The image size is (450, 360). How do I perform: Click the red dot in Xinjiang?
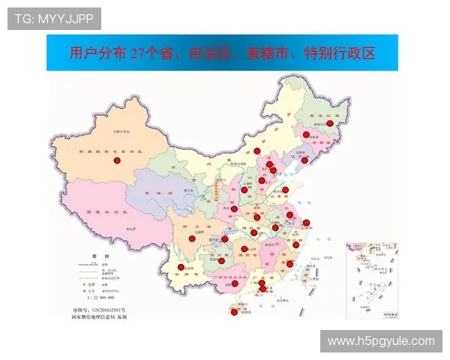point(116,160)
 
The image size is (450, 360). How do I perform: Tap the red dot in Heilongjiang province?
point(329,123)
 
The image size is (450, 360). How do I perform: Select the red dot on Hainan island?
point(234,313)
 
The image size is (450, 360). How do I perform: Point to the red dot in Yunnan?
point(181,268)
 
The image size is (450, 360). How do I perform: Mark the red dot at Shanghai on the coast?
point(306,222)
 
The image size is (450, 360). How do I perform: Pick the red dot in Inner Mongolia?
point(257,151)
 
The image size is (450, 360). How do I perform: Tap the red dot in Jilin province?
point(306,134)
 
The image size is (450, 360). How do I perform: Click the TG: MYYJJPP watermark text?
point(54,18)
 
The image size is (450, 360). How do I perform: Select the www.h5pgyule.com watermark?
point(381,341)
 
